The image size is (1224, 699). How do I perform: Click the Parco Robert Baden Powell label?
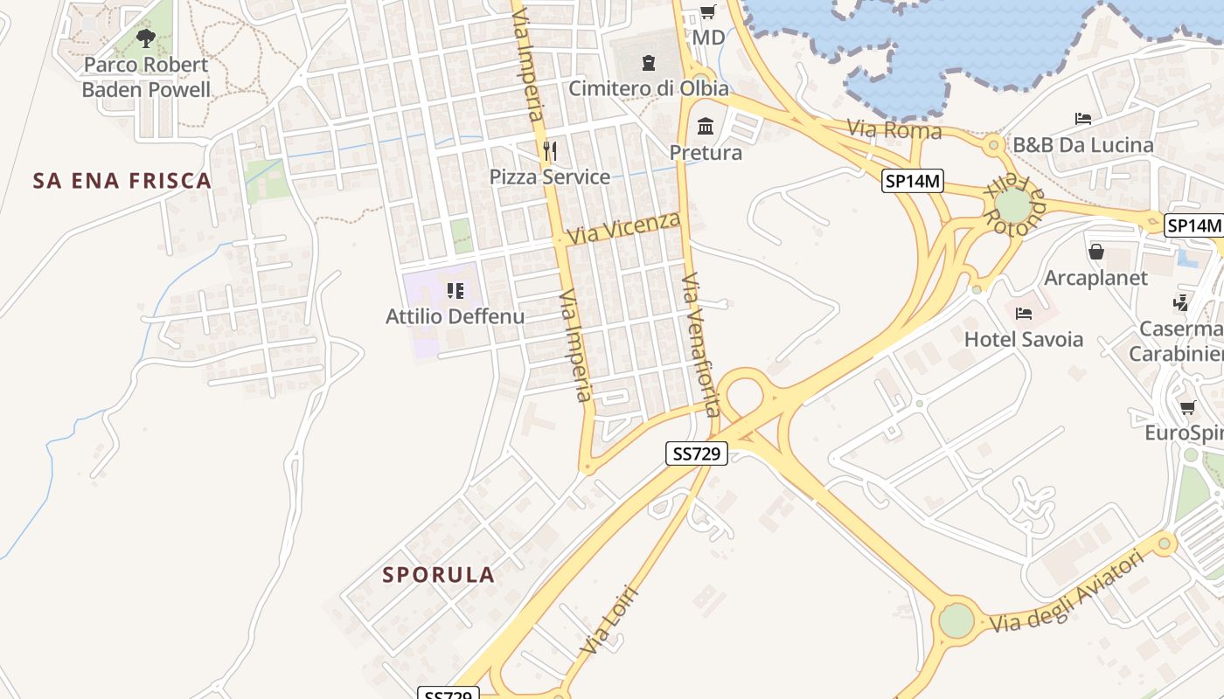click(146, 77)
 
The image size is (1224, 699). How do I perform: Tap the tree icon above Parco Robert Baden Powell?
click(146, 38)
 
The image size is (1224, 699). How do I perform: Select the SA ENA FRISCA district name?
click(122, 181)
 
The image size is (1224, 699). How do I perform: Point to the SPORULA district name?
click(439, 575)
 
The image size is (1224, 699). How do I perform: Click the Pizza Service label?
click(549, 176)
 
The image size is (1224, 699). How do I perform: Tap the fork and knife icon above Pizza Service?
click(549, 150)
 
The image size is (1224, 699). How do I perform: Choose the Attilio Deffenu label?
click(455, 316)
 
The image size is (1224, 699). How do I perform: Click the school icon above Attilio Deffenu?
click(455, 290)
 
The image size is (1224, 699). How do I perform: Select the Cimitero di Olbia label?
click(648, 88)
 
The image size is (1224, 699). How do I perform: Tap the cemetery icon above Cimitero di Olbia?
click(648, 62)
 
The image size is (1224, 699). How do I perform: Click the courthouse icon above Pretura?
click(706, 127)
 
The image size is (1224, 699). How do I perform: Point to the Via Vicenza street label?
click(623, 228)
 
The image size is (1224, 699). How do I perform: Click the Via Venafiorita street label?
click(701, 344)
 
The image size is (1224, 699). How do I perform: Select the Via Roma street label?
click(894, 130)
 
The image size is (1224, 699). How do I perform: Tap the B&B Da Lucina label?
click(1082, 145)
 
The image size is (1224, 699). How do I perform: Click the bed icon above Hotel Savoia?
click(1024, 313)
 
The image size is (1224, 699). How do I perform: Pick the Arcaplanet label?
click(1095, 278)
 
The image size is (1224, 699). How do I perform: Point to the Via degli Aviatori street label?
click(1067, 592)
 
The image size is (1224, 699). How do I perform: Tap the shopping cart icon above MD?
click(708, 12)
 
